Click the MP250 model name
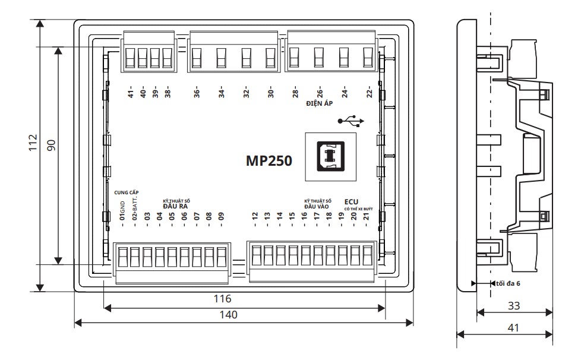269,161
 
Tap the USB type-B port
330,157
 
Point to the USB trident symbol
351,121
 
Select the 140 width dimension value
228,315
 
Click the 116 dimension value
222,299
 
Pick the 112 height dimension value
33,143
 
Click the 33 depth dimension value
514,305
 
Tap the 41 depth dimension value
513,328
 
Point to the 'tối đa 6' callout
508,283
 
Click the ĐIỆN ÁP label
320,103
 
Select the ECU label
351,202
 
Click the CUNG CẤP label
127,192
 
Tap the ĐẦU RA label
175,206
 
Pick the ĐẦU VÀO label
317,207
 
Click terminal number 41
131,93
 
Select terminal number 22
369,93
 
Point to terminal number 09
221,216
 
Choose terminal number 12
254,216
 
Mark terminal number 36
197,93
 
